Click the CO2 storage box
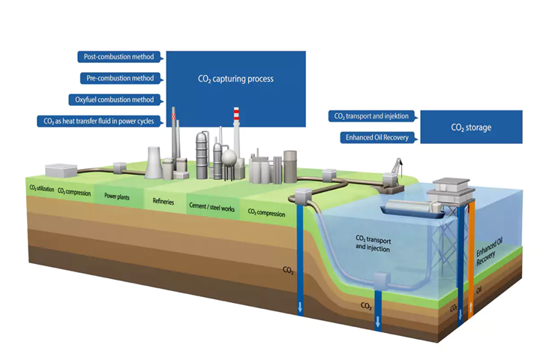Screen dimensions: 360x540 pyautogui.click(x=471, y=127)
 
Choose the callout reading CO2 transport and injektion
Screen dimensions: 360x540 pyautogui.click(x=371, y=116)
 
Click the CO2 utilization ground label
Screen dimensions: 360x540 pyautogui.click(x=41, y=189)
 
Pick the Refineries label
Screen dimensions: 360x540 pyautogui.click(x=163, y=201)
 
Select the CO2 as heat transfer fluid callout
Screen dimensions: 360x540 pyautogui.click(x=100, y=121)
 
